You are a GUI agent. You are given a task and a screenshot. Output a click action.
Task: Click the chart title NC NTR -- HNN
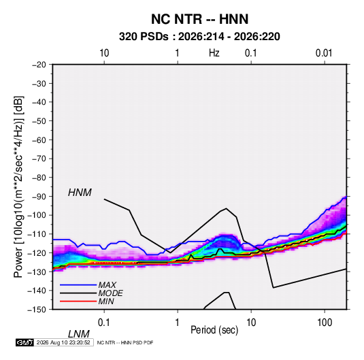pos(199,19)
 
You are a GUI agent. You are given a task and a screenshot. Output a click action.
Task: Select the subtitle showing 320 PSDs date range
pos(199,37)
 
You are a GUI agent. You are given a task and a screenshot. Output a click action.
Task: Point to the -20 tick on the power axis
pos(39,65)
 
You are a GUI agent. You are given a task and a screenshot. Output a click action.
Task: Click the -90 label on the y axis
pos(39,197)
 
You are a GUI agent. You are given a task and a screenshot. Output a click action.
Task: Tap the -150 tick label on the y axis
pos(37,310)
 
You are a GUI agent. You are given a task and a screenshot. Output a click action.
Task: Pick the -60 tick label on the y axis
pos(39,140)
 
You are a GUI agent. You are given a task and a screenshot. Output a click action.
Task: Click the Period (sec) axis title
pos(214,330)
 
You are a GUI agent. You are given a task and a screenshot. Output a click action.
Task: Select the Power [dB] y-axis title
pos(18,187)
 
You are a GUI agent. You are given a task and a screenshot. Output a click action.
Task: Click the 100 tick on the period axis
pos(325,323)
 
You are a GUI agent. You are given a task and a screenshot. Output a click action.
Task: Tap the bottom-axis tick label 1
pos(178,323)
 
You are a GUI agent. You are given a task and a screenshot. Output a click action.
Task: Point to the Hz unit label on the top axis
pos(214,53)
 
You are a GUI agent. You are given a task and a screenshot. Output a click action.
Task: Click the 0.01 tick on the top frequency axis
pos(324,53)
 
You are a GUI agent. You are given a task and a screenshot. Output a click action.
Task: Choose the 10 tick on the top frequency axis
pos(104,53)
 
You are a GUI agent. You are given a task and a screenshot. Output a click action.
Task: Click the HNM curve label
pos(80,193)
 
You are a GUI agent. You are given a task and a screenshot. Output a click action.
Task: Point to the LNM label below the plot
pos(78,334)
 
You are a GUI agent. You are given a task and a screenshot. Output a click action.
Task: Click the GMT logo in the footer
pos(24,342)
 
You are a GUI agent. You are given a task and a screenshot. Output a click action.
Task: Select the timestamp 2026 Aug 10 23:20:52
pos(63,342)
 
